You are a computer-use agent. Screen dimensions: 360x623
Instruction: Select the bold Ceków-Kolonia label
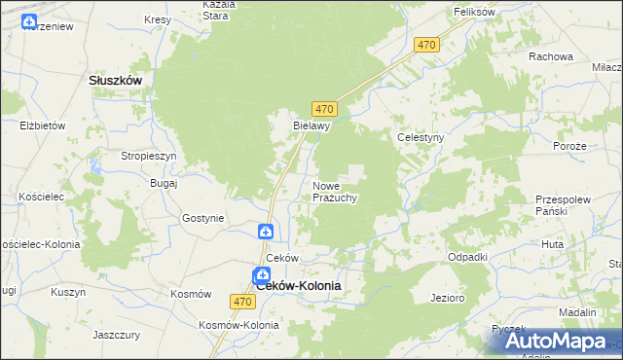point(298,286)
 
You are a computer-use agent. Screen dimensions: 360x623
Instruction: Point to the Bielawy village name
point(313,126)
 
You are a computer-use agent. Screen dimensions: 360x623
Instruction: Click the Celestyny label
point(421,138)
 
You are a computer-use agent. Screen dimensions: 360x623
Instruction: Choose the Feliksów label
point(474,11)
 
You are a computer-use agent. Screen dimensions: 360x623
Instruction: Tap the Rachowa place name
point(550,56)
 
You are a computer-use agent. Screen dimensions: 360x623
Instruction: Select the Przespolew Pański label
point(564,204)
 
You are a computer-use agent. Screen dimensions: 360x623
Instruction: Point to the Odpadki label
point(466,257)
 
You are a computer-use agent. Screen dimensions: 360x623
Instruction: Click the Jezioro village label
point(448,297)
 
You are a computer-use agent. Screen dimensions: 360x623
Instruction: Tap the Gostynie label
point(202,219)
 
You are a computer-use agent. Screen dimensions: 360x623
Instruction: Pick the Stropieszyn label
point(148,156)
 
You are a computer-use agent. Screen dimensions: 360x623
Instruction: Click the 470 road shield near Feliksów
point(426,46)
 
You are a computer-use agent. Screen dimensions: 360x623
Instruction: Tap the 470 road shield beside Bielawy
point(325,107)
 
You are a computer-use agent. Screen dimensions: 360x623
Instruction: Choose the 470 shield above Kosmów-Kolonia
point(243,302)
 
